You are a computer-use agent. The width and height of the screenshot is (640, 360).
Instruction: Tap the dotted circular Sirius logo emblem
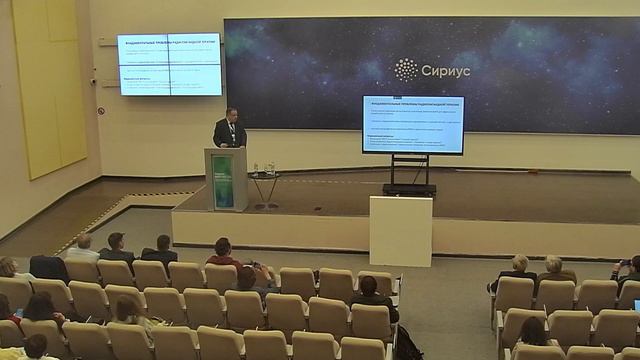407,70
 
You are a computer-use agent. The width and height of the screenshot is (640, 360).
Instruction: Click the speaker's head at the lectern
228,114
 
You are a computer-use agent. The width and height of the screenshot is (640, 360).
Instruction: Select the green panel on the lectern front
223,181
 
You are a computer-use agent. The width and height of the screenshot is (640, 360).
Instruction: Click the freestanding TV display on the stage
413,124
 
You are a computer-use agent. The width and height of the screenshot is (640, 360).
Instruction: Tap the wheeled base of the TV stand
409,187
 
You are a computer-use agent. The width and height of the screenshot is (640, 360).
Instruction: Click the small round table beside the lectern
264,177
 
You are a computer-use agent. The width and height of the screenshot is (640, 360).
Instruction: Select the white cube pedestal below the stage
400,229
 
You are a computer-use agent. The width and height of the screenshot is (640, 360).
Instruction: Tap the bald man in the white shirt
82,246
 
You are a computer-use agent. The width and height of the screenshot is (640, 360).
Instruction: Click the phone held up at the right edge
625,262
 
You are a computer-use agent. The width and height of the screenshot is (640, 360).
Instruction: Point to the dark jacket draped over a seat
48,267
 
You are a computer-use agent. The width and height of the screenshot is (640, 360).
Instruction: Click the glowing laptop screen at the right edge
632,354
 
